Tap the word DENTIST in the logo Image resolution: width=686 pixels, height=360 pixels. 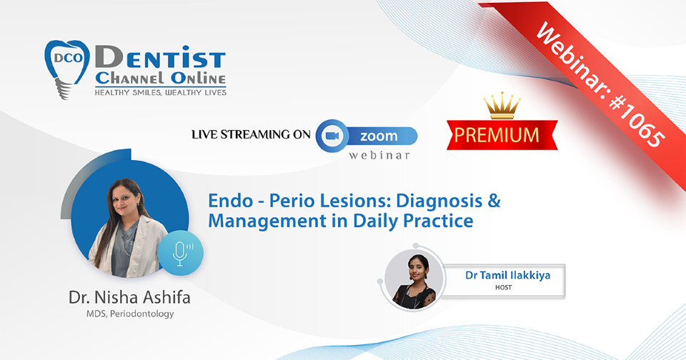tap(160, 58)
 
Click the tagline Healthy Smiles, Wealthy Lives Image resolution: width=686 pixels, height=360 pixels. tap(161, 92)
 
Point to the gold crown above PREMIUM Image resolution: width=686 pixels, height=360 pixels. tap(502, 106)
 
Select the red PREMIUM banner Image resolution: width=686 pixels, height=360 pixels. tap(502, 135)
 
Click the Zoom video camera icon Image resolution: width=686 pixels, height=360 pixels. tap(332, 136)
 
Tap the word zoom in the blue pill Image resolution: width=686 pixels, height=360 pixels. tap(379, 136)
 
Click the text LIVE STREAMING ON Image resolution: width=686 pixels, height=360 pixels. tap(251, 134)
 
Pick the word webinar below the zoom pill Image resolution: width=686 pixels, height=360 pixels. tap(379, 155)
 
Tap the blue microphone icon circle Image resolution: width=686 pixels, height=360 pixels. tap(180, 253)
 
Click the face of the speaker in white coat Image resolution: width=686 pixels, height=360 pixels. tap(124, 199)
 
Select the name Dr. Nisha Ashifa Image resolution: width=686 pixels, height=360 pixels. tap(129, 297)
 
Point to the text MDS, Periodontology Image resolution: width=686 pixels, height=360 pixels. tap(130, 314)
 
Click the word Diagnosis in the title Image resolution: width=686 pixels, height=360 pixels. tap(439, 201)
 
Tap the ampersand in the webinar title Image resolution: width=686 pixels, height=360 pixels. tap(494, 200)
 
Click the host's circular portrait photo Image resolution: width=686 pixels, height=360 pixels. tap(414, 279)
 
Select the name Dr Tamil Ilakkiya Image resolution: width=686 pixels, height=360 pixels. tap(507, 275)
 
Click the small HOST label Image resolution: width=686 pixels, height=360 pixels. tap(504, 287)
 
